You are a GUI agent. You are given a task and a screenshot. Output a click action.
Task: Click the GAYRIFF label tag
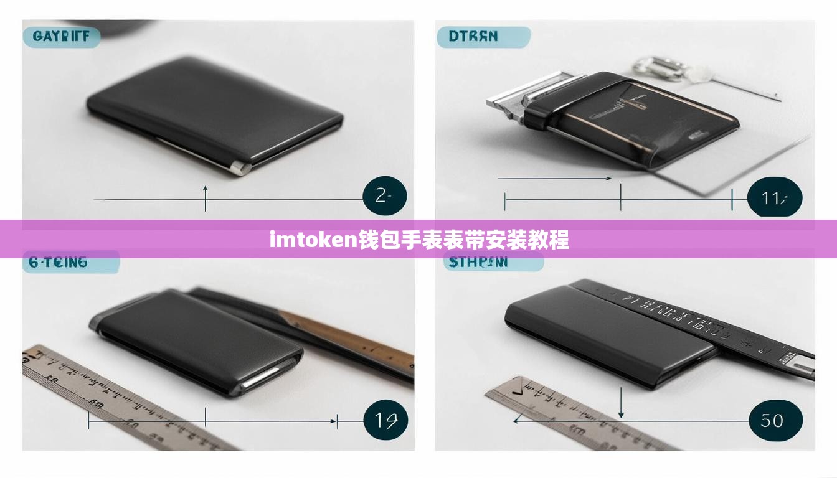[x=60, y=36]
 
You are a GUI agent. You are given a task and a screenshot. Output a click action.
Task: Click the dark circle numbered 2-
[x=384, y=196]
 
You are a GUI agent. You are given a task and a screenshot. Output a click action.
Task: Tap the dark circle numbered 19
[x=385, y=420]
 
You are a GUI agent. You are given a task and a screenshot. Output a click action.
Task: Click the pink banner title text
[x=418, y=240]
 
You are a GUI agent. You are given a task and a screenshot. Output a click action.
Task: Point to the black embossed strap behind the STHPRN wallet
[x=716, y=321]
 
